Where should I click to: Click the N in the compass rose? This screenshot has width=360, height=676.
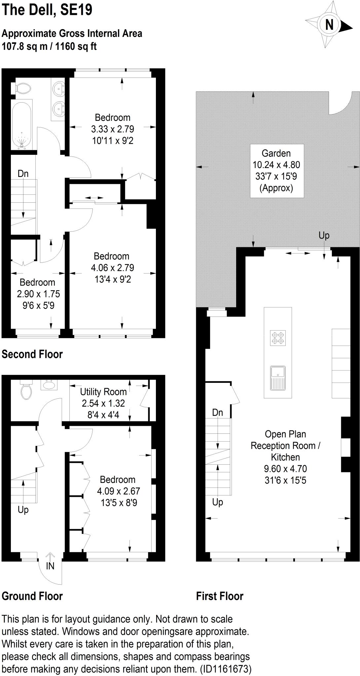pos(329,25)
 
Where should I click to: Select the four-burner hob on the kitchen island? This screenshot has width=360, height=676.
pos(278,338)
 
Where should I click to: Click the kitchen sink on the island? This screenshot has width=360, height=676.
pos(278,378)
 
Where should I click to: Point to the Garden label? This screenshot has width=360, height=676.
pos(276,153)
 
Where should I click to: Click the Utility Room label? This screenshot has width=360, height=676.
pos(103,392)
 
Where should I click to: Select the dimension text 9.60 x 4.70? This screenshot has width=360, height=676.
pos(285,469)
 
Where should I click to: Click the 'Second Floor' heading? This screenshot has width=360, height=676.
pos(32,354)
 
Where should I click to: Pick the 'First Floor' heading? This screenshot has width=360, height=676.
pos(220,596)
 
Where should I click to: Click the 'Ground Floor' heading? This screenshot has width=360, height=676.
pos(32,596)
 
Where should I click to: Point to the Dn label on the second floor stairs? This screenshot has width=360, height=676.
pos(23,174)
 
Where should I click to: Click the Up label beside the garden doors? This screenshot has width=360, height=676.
pos(324,235)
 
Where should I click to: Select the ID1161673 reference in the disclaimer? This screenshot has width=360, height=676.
pos(226,669)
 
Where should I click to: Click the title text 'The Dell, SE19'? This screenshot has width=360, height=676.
pos(47,10)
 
